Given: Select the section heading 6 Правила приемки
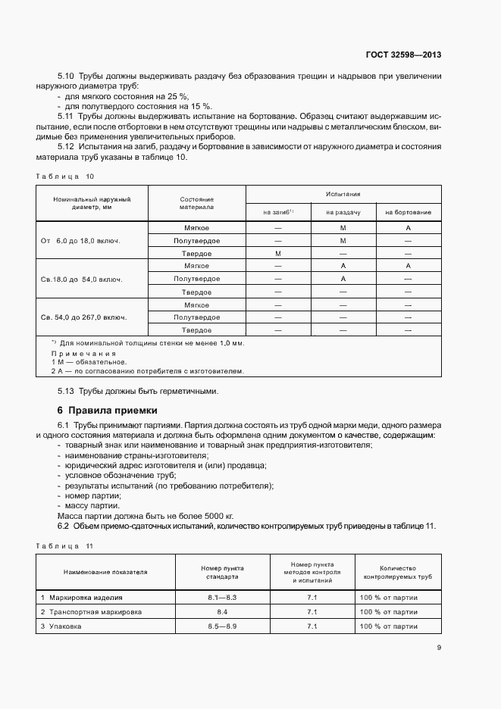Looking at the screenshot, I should (x=108, y=410).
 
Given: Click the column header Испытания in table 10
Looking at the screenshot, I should (x=343, y=195).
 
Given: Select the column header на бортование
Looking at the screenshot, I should (x=408, y=212).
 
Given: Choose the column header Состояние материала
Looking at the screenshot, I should (x=196, y=203).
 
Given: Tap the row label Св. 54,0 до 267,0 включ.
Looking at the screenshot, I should (x=83, y=317).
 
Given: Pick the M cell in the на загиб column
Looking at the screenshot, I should (x=278, y=253).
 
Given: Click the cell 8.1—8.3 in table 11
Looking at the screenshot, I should (x=223, y=598).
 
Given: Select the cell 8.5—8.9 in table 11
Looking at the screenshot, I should (x=223, y=626).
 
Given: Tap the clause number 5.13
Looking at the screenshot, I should (x=67, y=391).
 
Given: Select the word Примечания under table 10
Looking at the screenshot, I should (x=83, y=353).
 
